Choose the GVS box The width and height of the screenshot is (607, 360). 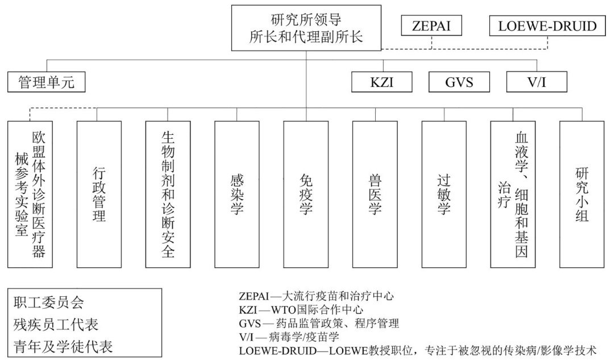[x=458, y=82]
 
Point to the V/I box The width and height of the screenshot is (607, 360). [x=537, y=82]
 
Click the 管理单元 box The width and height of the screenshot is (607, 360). [x=47, y=82]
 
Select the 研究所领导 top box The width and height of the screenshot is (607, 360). [x=306, y=28]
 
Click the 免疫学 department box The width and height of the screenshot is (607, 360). [x=306, y=194]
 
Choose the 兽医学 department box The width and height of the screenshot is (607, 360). [x=375, y=194]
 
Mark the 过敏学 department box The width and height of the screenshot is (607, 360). [x=444, y=194]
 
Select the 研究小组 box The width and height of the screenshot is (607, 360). [x=581, y=194]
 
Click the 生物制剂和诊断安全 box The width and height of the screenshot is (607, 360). [x=168, y=194]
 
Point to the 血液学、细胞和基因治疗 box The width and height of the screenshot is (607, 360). [x=513, y=194]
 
